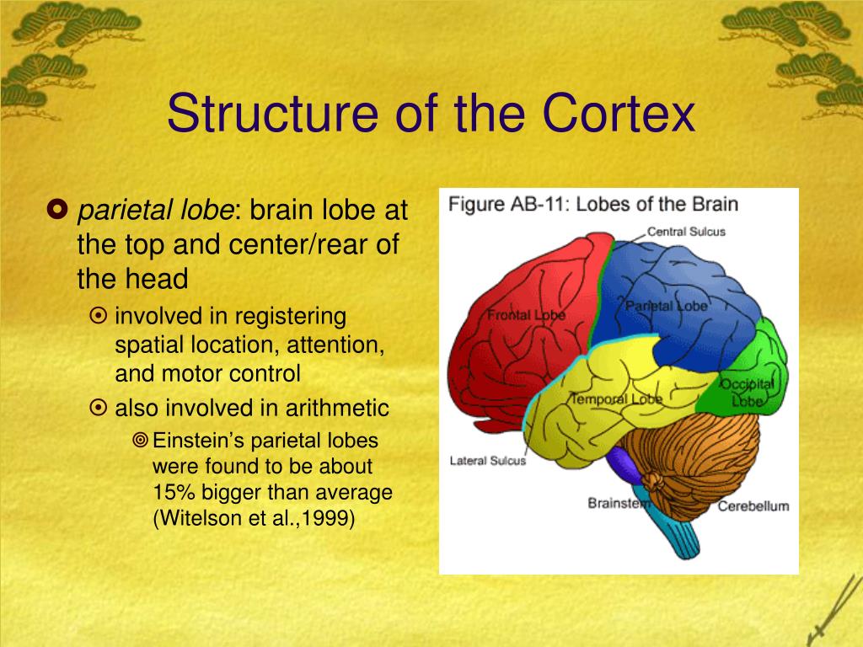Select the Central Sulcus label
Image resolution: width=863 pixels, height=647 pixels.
pyautogui.click(x=685, y=232)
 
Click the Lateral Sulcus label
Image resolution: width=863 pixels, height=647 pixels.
pyautogui.click(x=487, y=461)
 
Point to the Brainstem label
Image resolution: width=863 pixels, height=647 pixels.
pyautogui.click(x=619, y=503)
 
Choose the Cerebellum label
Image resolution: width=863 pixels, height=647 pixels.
pyautogui.click(x=753, y=506)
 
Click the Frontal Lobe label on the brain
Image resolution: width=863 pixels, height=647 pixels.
pyautogui.click(x=526, y=315)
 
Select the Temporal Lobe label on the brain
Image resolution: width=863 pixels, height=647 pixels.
pyautogui.click(x=616, y=398)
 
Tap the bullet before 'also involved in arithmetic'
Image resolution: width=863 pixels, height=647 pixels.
pyautogui.click(x=99, y=409)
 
